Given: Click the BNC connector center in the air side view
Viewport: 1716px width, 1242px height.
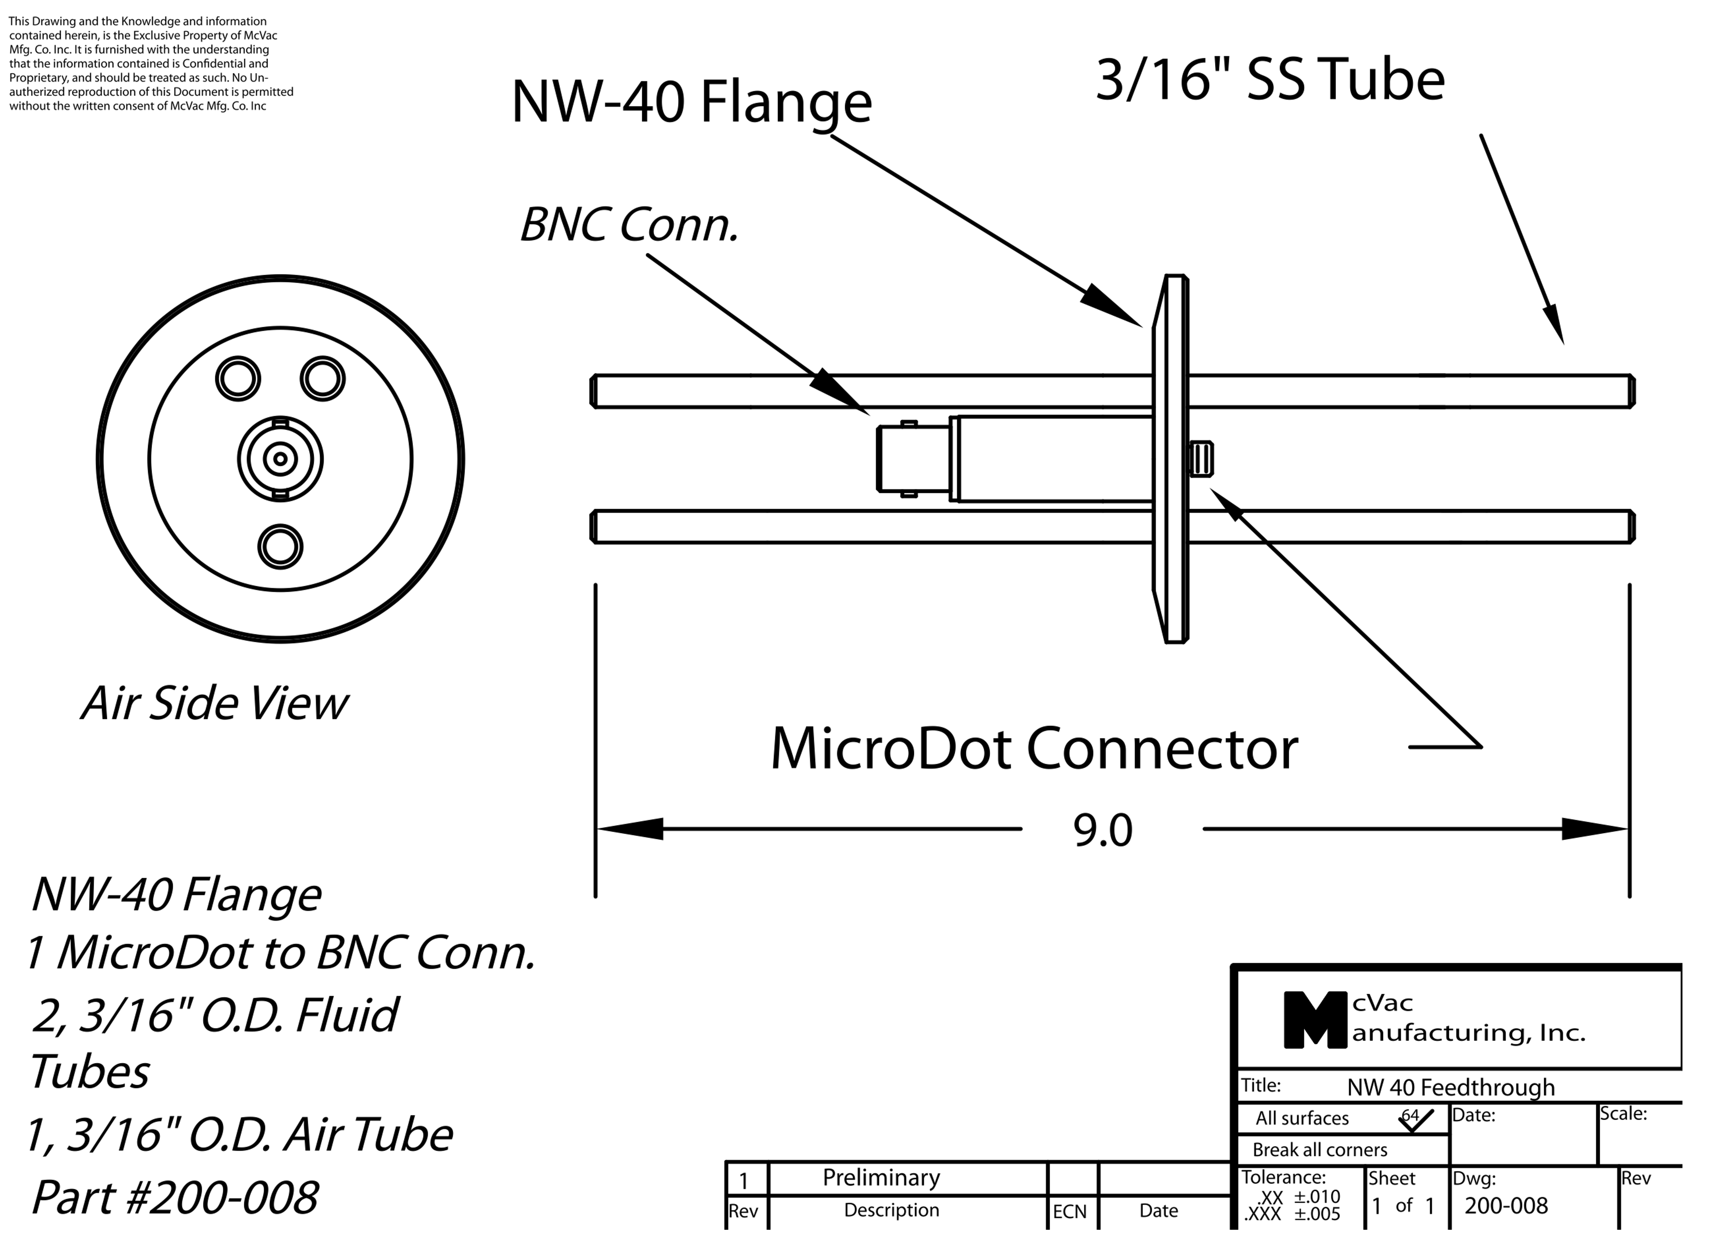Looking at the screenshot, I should (x=280, y=459).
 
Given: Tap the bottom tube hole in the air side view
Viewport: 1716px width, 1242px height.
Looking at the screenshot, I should (x=280, y=546).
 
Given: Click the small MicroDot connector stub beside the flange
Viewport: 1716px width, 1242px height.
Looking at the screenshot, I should (x=1201, y=459).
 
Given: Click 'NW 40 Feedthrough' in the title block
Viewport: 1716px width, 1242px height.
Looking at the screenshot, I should (x=1450, y=1087).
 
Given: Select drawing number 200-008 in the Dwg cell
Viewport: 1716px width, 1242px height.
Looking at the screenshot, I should (x=1506, y=1206).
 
